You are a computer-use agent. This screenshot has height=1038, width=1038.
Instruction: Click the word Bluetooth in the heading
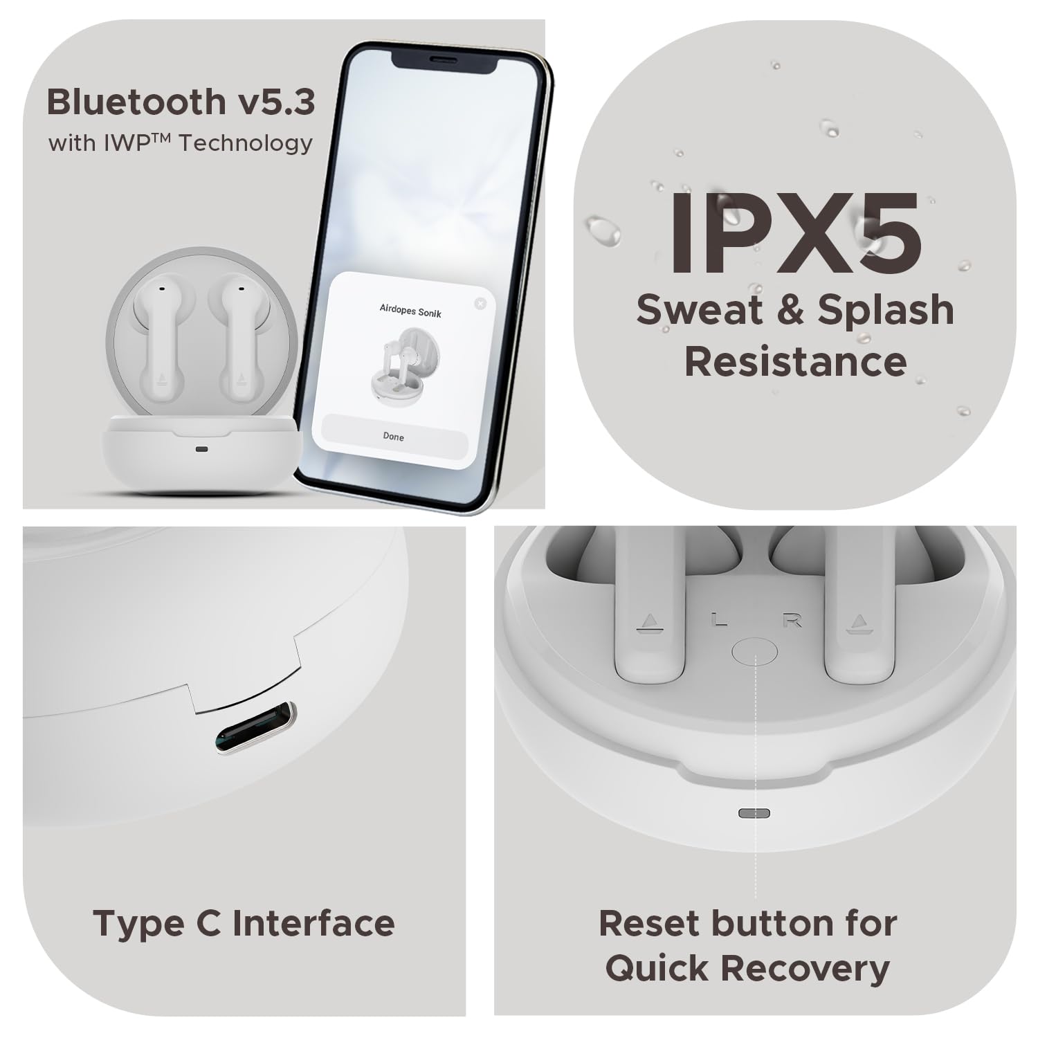(x=134, y=102)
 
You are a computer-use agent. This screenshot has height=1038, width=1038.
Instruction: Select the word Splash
(x=886, y=309)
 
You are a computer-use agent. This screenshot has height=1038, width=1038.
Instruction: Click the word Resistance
(x=795, y=361)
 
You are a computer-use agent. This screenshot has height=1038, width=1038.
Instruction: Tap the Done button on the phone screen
(x=393, y=437)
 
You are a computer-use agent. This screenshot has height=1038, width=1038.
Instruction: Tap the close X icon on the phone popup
(x=480, y=303)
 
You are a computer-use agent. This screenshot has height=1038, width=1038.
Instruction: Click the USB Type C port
(x=255, y=728)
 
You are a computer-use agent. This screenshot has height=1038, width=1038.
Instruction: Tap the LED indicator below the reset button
(x=754, y=812)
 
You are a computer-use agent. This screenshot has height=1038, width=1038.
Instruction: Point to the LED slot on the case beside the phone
(x=201, y=449)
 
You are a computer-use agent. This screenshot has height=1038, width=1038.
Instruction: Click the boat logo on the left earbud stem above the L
(x=649, y=623)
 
